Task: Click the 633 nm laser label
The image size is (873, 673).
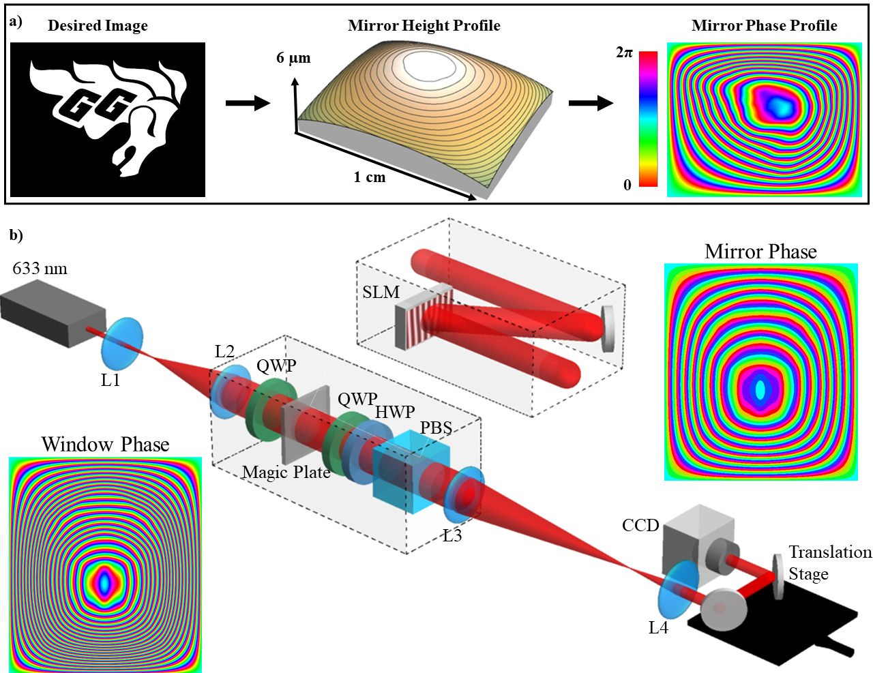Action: coord(40,269)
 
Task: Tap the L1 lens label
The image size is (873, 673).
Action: coord(110,380)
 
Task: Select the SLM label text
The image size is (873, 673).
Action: coord(381,293)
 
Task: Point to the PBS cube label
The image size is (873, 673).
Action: coord(436,428)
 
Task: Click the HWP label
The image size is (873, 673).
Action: coord(395,412)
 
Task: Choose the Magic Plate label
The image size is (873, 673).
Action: coord(286,472)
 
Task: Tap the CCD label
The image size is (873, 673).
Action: coord(640,525)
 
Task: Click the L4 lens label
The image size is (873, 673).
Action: coord(658,627)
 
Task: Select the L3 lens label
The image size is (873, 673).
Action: coord(452,536)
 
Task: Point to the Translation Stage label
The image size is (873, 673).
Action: coord(829,563)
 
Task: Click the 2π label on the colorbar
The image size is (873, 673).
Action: coord(624,53)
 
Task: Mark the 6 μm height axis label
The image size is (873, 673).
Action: coord(293,58)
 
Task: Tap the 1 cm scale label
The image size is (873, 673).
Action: coord(369,177)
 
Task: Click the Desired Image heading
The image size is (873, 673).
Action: coord(98,26)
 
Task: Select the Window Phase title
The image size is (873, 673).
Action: coord(105,445)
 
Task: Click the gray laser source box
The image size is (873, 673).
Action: coord(53,316)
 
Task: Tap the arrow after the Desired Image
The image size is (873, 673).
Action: coord(248,104)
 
